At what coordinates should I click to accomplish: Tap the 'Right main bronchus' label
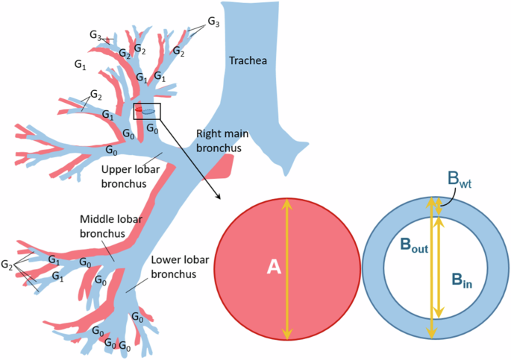[222, 141]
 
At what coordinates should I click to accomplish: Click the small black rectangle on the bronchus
[147, 111]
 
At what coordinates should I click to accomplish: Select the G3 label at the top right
[213, 23]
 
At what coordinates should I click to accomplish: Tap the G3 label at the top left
[95, 35]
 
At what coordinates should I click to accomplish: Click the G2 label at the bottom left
[7, 265]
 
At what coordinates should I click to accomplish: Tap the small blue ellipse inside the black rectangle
[149, 112]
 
